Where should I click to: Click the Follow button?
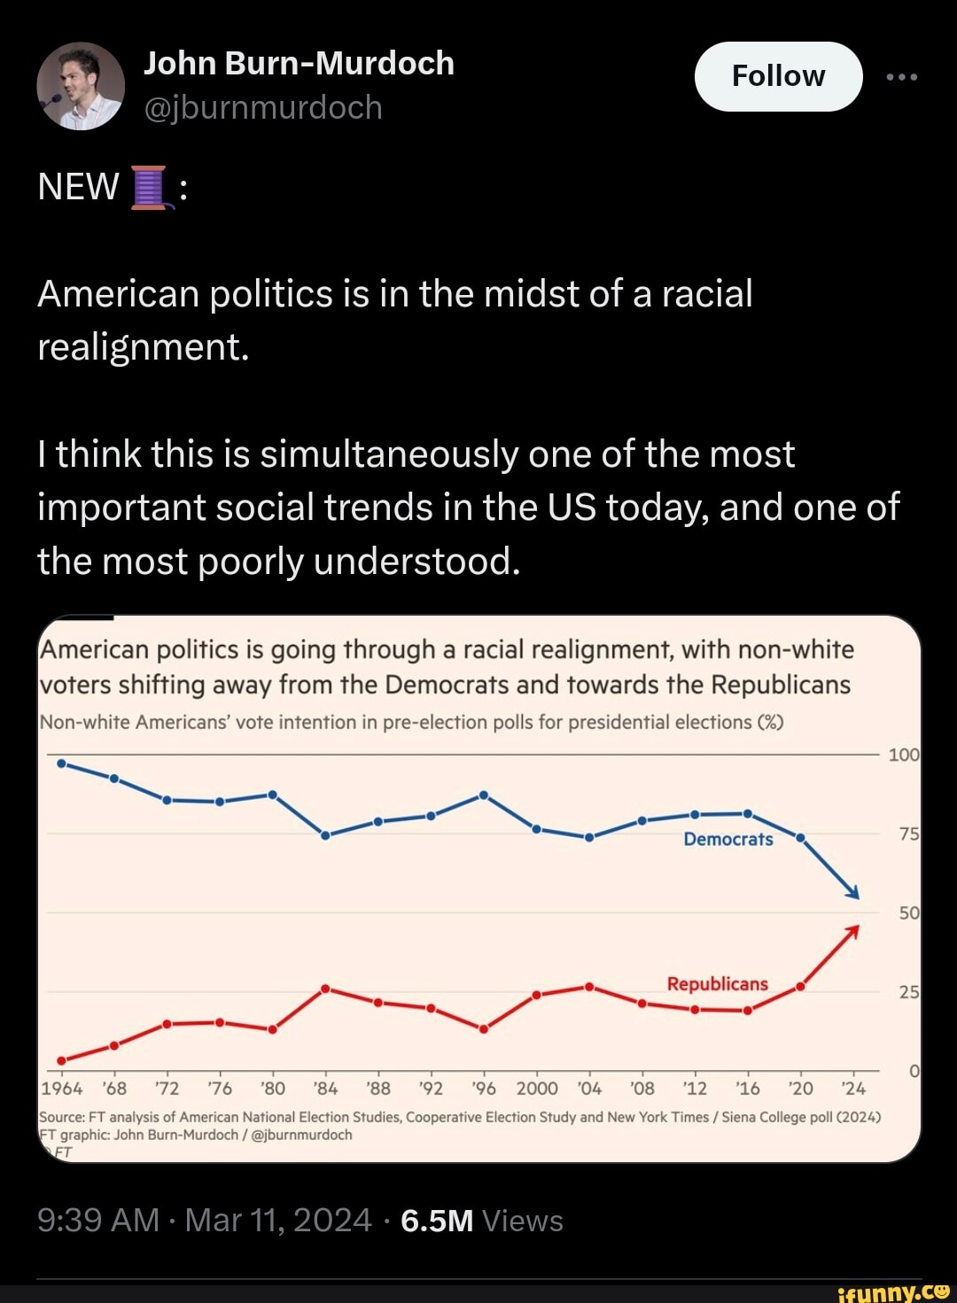778,76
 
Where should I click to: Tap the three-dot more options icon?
902,77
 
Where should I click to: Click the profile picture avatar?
81,86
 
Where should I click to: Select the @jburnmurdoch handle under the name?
262,107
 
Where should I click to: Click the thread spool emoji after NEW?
149,187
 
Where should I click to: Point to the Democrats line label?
727,839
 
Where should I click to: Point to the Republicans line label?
717,984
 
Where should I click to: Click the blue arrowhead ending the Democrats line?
853,893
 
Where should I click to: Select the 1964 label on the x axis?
62,1088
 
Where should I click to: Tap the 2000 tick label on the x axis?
537,1088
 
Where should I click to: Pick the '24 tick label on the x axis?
853,1088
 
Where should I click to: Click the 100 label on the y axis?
904,755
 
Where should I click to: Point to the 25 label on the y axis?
909,992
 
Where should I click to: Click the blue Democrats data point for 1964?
61,763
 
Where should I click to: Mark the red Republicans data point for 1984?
325,989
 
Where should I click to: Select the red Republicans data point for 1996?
484,1028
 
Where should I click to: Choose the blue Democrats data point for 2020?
800,837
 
